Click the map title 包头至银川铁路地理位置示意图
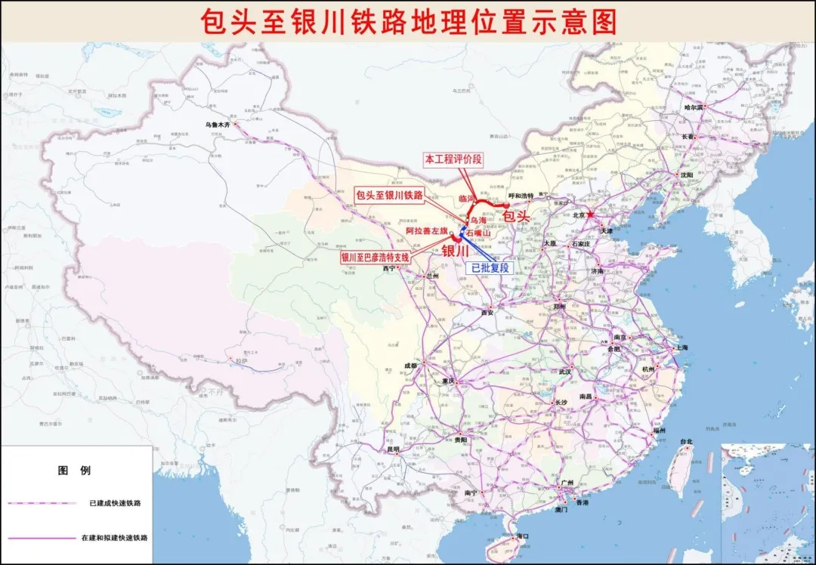[408, 22]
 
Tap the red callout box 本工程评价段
[453, 159]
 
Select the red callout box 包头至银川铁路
[389, 194]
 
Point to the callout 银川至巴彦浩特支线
[375, 257]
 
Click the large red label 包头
[517, 216]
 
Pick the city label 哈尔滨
[693, 108]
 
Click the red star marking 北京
[592, 215]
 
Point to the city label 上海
[682, 348]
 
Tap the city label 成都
[410, 366]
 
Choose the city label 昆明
[393, 449]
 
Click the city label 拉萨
[241, 361]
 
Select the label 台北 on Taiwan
[685, 442]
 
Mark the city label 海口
[522, 536]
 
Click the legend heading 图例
[74, 470]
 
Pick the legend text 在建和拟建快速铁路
[114, 538]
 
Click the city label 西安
[487, 312]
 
